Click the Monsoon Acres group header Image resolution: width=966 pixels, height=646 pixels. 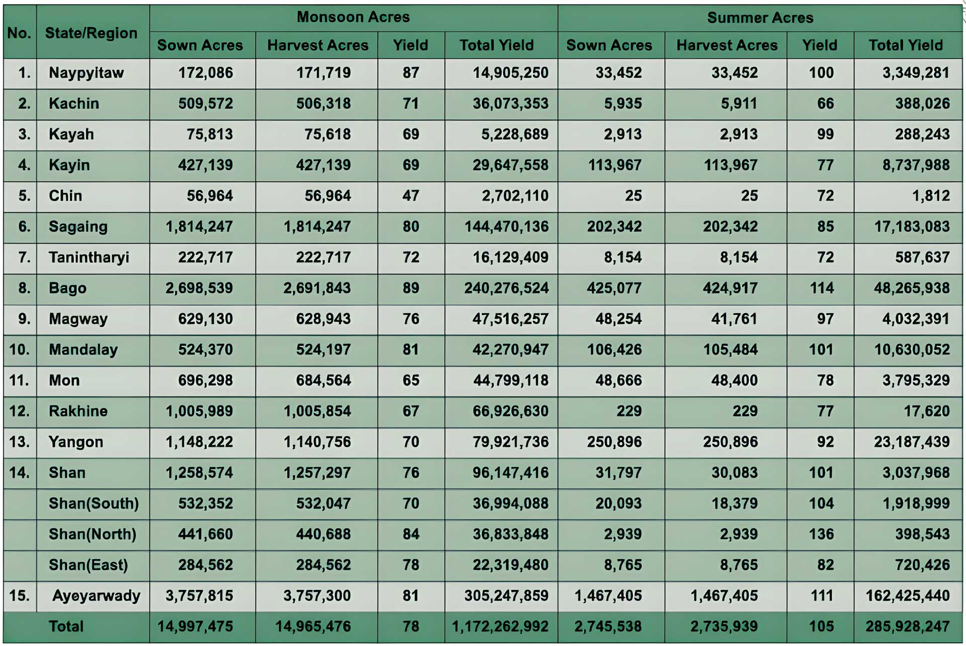click(353, 17)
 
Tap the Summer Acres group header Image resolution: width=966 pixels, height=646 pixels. click(760, 18)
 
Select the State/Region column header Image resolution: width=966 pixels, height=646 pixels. click(91, 33)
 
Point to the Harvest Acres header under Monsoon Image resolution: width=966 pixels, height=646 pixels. click(317, 45)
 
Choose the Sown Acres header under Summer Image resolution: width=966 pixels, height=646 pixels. click(609, 45)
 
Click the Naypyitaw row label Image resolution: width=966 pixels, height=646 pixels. click(86, 73)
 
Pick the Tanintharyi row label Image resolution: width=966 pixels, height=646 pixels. click(89, 257)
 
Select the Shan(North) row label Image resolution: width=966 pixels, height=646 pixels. click(93, 534)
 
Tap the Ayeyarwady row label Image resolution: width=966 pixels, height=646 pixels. click(96, 596)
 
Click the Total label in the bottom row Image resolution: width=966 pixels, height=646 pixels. click(66, 626)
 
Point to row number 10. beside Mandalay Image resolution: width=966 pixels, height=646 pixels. click(19, 349)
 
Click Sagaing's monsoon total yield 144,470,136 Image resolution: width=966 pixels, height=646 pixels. click(506, 227)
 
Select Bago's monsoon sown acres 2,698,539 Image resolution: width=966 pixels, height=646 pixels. click(199, 288)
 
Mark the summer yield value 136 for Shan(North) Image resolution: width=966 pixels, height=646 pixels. click(821, 534)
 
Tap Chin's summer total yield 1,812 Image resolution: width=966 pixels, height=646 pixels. click(931, 196)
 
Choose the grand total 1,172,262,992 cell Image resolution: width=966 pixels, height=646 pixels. click(500, 626)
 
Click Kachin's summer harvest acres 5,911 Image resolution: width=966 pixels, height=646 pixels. click(739, 104)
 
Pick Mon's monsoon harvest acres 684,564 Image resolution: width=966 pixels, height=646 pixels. click(323, 381)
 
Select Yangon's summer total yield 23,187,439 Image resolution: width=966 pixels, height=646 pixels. click(911, 442)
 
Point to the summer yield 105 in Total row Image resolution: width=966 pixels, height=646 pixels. click(821, 626)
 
